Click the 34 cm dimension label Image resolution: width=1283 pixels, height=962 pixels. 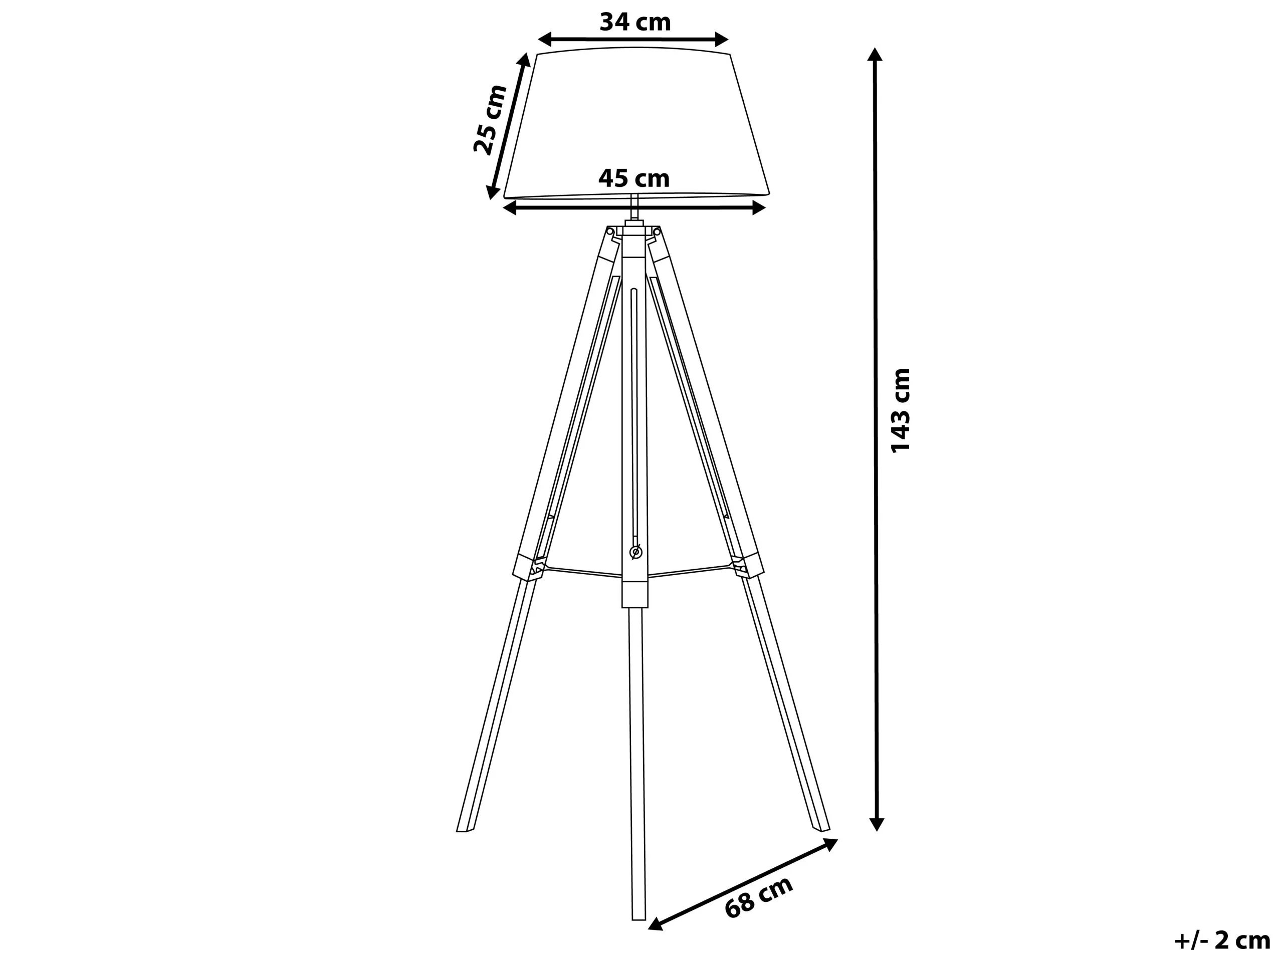pyautogui.click(x=635, y=22)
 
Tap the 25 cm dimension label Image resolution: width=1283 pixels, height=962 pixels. pyautogui.click(x=490, y=119)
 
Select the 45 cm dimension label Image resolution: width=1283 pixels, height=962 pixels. pyautogui.click(x=634, y=178)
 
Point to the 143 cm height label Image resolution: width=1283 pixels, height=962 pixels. pyautogui.click(x=900, y=410)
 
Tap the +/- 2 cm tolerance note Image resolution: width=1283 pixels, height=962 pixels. pyautogui.click(x=1221, y=940)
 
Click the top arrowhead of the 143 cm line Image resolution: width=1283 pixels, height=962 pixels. pyautogui.click(x=875, y=55)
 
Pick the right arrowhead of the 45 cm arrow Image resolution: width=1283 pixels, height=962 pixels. pyautogui.click(x=759, y=207)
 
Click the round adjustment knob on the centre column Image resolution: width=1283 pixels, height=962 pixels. pyautogui.click(x=635, y=552)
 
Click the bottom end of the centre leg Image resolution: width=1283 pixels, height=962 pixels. pyautogui.click(x=638, y=914)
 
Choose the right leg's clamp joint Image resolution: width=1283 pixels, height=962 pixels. pyautogui.click(x=748, y=565)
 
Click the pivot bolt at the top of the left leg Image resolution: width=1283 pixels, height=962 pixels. pyautogui.click(x=609, y=232)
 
